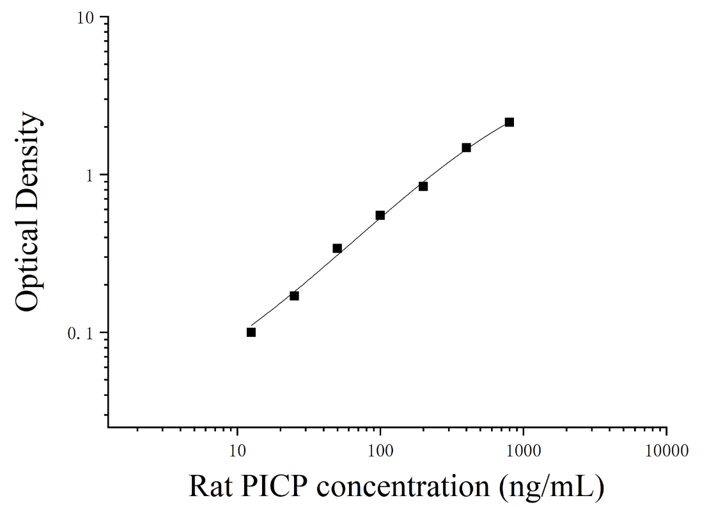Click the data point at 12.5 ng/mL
click(251, 332)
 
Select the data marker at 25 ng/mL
click(294, 296)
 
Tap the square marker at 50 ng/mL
click(338, 249)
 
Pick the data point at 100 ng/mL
click(380, 215)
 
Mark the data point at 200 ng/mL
click(423, 186)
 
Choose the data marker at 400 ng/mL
click(466, 148)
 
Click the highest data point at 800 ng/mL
click(509, 122)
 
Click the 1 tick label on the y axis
click(89, 175)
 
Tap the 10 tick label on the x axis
click(237, 451)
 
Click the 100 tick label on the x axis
click(380, 451)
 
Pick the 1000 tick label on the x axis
click(523, 451)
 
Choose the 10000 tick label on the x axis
click(667, 451)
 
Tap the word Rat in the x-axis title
click(210, 487)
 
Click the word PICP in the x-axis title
click(274, 487)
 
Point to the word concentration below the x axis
click(403, 487)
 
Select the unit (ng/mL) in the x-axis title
click(552, 488)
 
